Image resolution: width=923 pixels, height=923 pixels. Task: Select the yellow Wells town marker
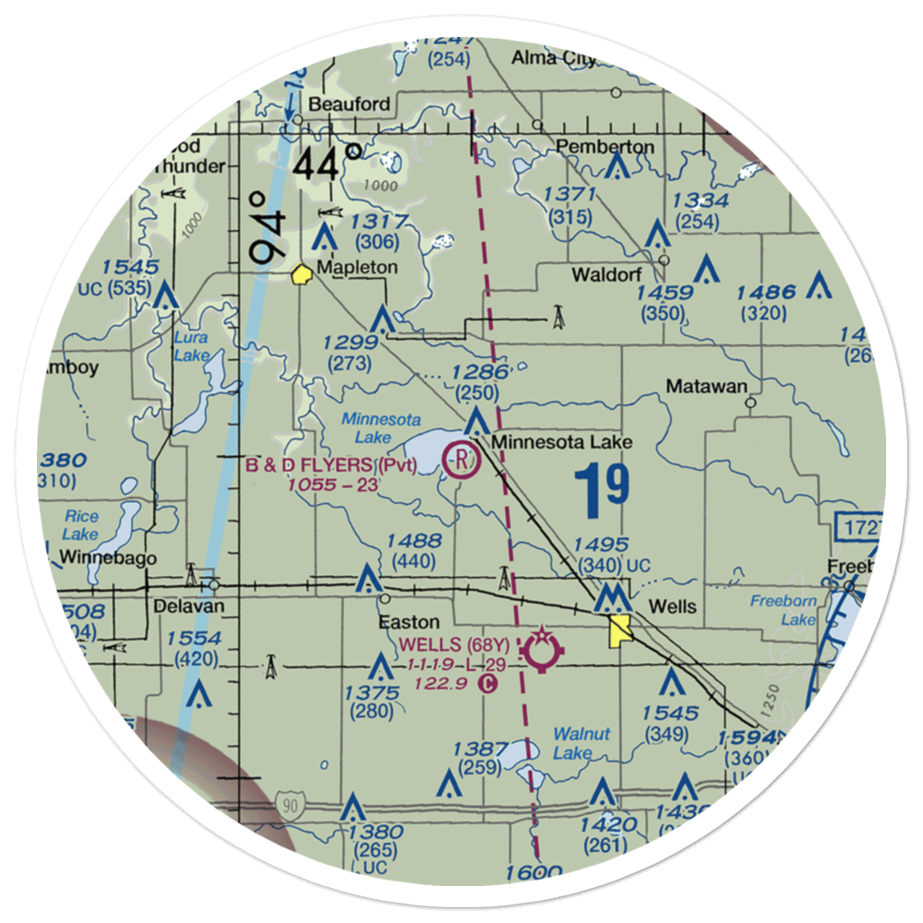[x=619, y=631]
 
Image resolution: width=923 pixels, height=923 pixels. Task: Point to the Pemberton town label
[x=605, y=147]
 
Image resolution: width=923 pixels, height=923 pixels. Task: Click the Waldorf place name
[x=606, y=274]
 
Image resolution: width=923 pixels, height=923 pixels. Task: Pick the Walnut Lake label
[x=581, y=744]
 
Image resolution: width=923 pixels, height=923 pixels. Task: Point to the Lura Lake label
[x=191, y=346]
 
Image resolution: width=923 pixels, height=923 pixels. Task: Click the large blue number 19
[x=603, y=486]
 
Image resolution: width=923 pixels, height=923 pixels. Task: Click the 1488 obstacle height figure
[x=414, y=541]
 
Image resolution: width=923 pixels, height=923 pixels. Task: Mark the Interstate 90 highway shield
[x=291, y=807]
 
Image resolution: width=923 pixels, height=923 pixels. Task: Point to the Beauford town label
[x=349, y=103]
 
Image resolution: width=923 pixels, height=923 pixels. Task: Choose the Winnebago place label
[x=109, y=557]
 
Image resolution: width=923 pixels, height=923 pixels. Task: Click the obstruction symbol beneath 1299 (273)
[x=381, y=322]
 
